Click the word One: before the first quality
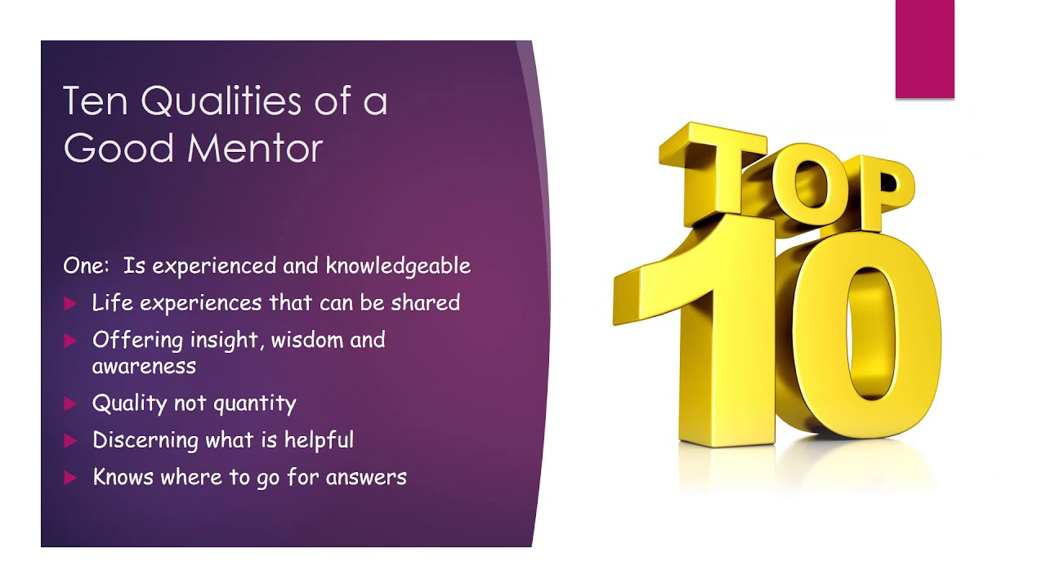[86, 266]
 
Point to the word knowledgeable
[398, 266]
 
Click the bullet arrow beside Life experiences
[69, 304]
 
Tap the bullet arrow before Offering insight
[69, 341]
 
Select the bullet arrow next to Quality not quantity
[69, 403]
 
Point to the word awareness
[144, 367]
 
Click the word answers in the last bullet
[365, 477]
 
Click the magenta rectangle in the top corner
[924, 49]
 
